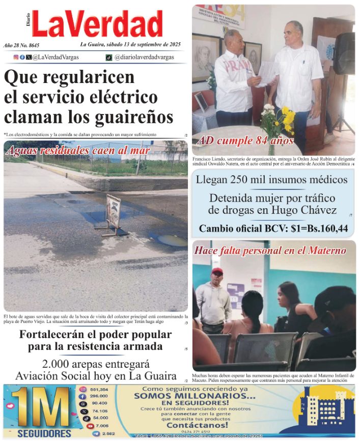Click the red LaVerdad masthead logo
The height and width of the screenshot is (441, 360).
coord(97,24)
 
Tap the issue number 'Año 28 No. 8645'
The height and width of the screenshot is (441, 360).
coord(21,46)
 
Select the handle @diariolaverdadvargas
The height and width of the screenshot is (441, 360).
coord(144,58)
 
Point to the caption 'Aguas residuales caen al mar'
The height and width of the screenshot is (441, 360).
coord(78,151)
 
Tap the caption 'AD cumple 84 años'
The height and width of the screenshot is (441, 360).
coord(246,141)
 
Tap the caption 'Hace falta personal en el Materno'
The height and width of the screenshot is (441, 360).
coord(270,251)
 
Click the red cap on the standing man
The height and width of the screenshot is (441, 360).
coord(217,271)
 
